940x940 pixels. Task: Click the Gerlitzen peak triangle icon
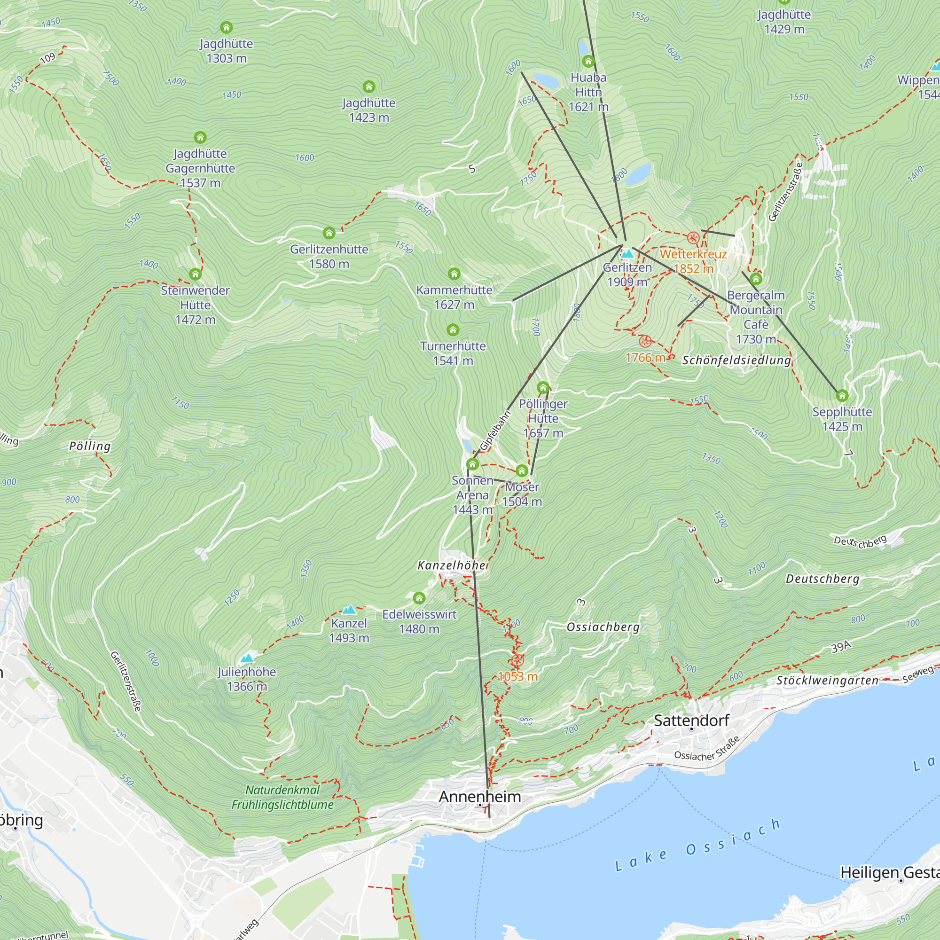point(627,253)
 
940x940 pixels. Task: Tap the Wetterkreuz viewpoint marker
point(693,238)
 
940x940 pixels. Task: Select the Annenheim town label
point(480,797)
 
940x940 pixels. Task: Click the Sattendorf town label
point(691,720)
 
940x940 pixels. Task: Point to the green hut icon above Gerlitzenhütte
point(329,233)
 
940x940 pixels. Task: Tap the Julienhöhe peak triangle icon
point(247,658)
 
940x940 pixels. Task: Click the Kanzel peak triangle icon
point(349,610)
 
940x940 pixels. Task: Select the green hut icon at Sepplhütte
point(842,396)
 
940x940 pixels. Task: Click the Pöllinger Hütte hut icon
point(543,388)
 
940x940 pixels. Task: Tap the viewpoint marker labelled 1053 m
point(517,661)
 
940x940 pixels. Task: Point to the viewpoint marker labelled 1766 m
point(645,341)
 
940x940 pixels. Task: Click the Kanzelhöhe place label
point(452,565)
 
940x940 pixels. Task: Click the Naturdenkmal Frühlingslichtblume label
point(282,797)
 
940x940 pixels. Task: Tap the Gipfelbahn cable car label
point(495,431)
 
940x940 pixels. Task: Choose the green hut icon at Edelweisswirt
point(419,598)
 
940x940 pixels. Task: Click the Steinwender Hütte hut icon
point(195,274)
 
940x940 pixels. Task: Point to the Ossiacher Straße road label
point(707,749)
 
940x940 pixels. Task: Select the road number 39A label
point(841,647)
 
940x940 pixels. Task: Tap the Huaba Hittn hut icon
point(588,61)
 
